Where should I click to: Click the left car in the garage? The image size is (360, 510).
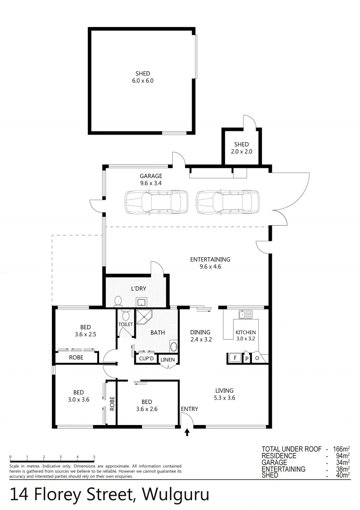point(155,202)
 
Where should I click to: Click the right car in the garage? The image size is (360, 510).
point(227,202)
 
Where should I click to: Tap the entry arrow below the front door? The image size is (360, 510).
point(187,432)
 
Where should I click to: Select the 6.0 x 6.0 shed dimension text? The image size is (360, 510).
point(142,81)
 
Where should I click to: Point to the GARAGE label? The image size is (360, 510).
point(151,176)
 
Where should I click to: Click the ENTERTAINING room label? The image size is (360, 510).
point(210,259)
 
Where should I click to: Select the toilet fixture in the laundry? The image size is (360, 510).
point(118,301)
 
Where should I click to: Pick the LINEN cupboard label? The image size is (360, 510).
point(167,360)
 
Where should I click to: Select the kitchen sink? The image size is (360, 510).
point(245,314)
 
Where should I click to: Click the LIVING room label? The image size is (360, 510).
point(224,391)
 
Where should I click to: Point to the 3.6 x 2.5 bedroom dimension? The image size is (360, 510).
point(85,335)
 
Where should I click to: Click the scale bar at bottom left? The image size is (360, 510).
point(52,461)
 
